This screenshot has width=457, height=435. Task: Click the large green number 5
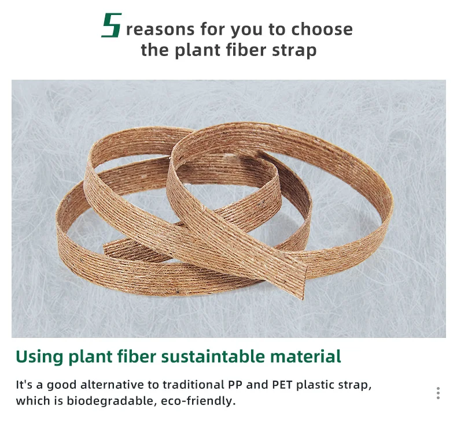pos(111,26)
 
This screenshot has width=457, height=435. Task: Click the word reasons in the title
pos(159,29)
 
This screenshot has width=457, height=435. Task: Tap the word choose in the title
pos(322,29)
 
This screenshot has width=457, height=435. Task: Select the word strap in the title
pos(297,50)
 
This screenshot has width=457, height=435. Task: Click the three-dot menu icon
pos(438,393)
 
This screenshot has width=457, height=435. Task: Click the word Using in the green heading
pos(40,356)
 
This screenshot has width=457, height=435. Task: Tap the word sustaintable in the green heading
pos(213,356)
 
